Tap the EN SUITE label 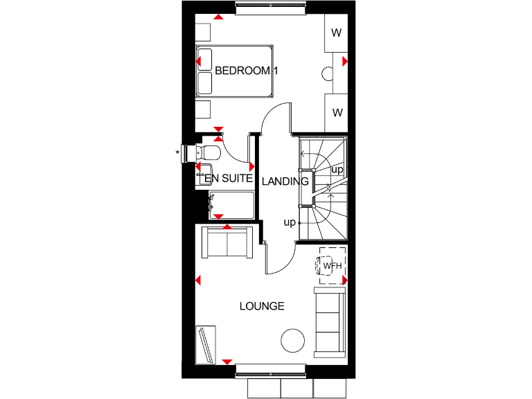point(229,179)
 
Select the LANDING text point(285,181)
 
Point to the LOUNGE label point(262,305)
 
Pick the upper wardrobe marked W point(336,33)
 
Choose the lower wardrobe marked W point(336,112)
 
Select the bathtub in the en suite point(231,206)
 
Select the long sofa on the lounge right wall point(330,322)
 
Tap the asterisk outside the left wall point(178,152)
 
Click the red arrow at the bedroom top point(219,17)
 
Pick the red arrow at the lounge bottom point(227,362)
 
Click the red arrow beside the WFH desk point(344,280)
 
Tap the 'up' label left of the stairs point(289,222)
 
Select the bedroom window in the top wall point(270,9)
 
